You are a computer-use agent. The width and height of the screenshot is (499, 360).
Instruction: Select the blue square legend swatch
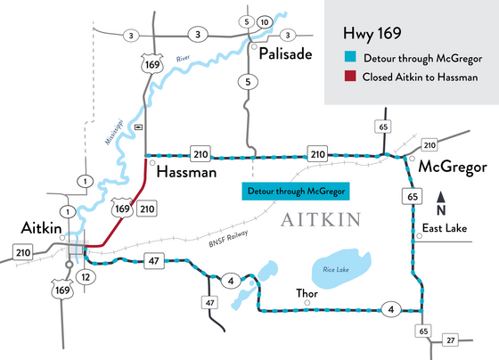[x=348, y=59]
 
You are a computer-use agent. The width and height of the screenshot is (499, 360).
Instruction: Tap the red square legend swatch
[x=348, y=78]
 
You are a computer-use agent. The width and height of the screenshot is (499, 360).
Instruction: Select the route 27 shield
[x=451, y=340]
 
